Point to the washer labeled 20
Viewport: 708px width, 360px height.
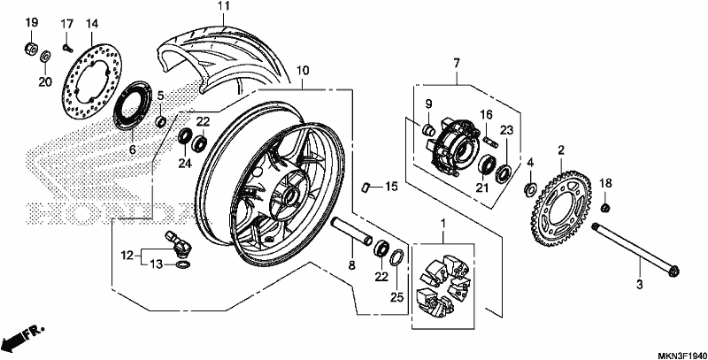coord(45,57)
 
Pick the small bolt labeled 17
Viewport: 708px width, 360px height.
coord(68,47)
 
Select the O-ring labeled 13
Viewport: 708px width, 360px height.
coord(181,263)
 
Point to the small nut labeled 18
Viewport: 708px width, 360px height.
coord(606,208)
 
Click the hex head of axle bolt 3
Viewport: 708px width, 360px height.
coord(673,272)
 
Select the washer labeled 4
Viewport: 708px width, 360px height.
coord(530,188)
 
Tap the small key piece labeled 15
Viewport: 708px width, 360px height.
coord(367,187)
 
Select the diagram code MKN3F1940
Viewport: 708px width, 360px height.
coord(681,355)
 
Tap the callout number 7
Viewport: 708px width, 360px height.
coord(457,63)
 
